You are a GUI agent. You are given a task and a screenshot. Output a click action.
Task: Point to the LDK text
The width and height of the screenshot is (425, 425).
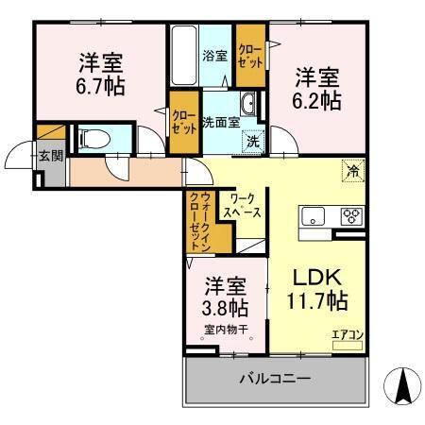pyautogui.click(x=314, y=280)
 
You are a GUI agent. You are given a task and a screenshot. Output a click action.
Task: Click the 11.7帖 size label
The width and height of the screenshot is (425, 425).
pyautogui.click(x=316, y=302)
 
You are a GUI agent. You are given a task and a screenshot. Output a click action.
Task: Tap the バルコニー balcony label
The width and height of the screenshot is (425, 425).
pyautogui.click(x=274, y=380)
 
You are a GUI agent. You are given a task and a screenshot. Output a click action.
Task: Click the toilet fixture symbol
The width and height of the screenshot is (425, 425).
pyautogui.click(x=93, y=139)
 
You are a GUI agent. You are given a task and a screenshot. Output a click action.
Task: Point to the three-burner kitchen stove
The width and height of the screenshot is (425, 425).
pyautogui.click(x=351, y=214)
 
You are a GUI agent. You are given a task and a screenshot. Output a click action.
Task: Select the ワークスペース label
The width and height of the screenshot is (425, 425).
pyautogui.click(x=243, y=206)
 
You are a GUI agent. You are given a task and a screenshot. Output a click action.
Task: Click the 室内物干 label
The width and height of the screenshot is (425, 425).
pyautogui.click(x=225, y=330)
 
